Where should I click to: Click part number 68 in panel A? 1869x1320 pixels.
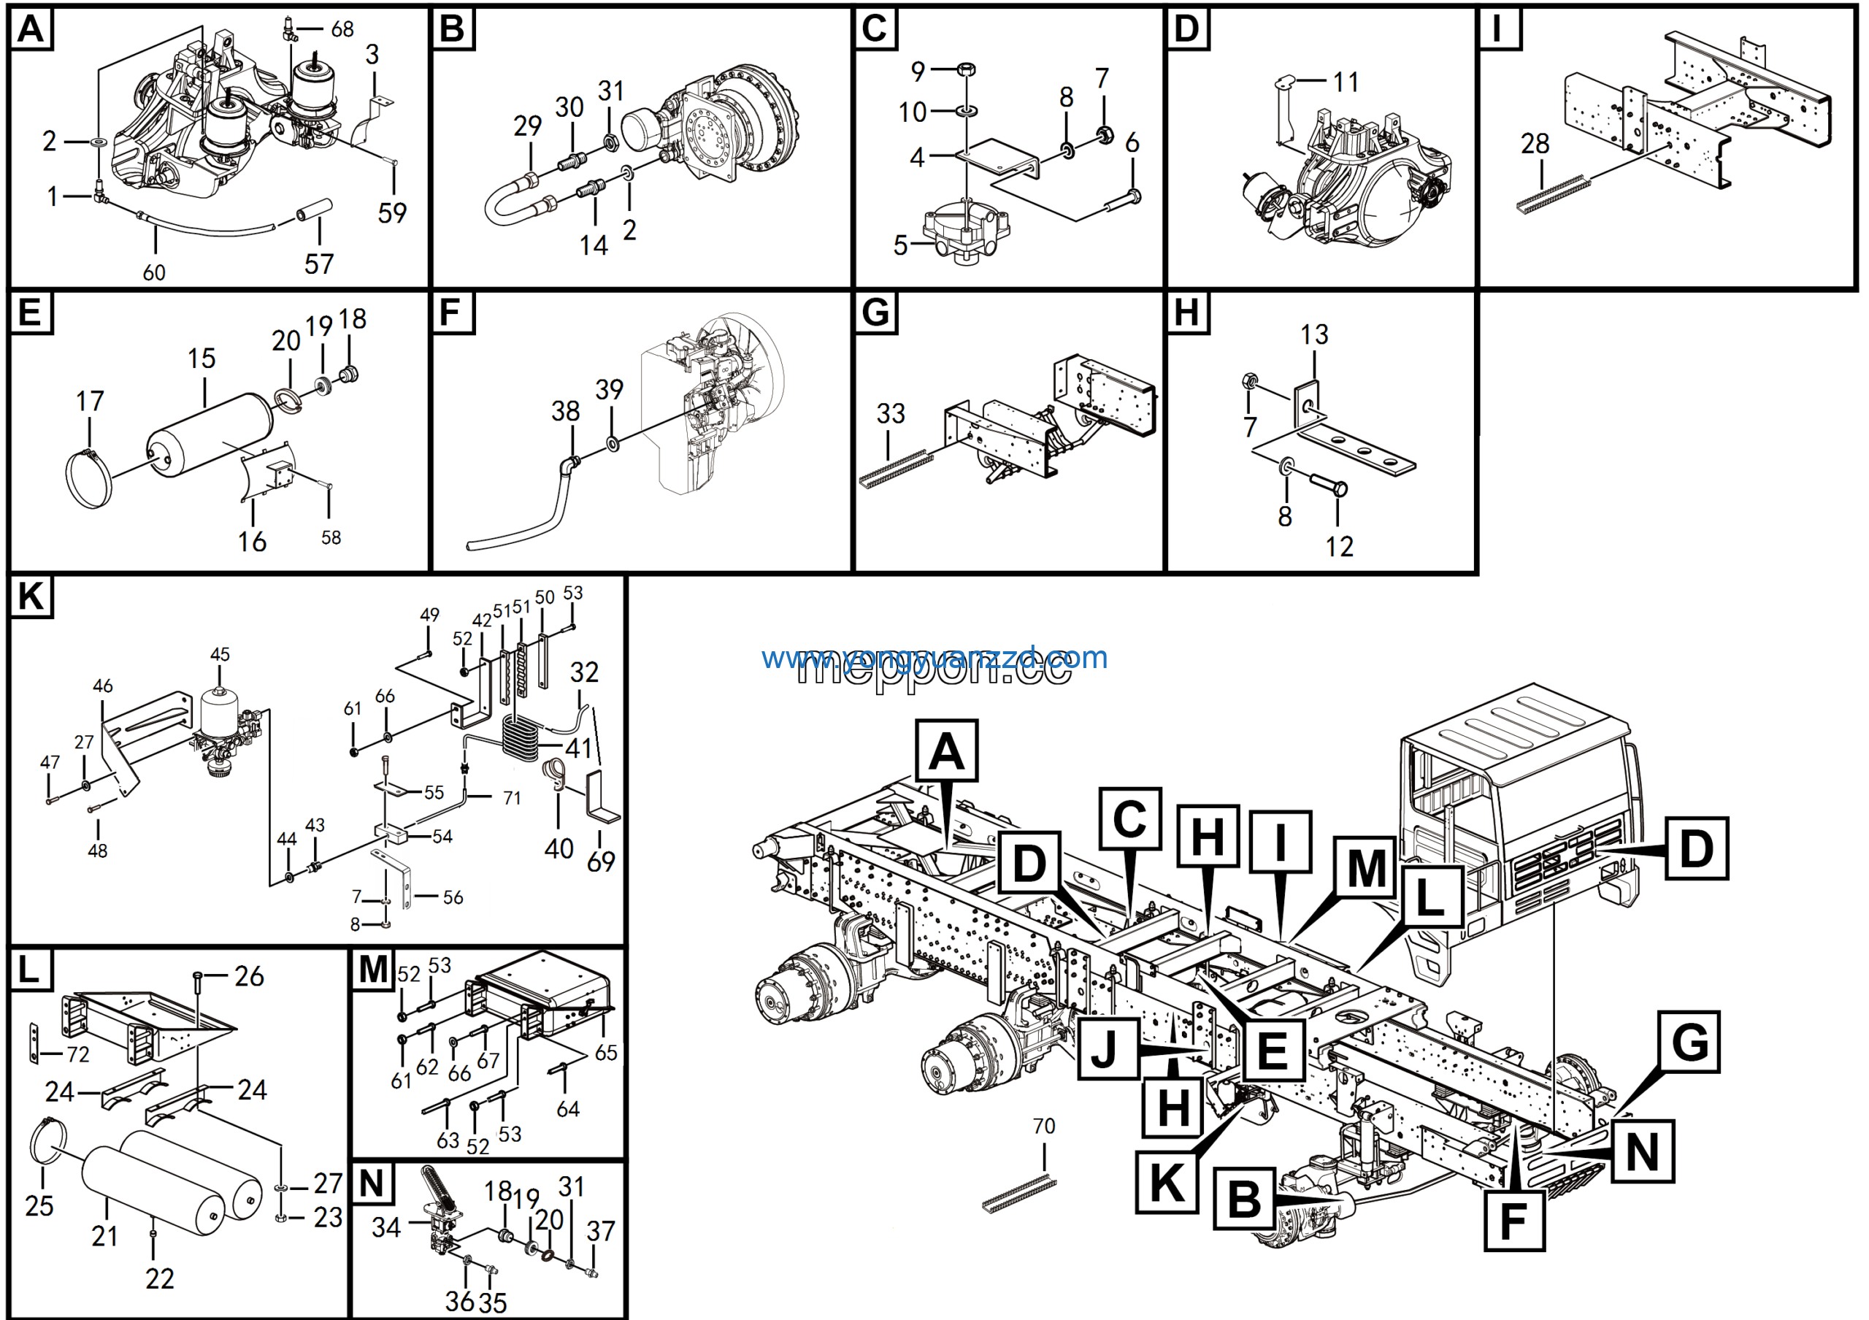click(342, 29)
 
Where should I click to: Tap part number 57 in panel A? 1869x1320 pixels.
click(318, 264)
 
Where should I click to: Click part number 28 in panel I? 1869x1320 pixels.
click(1535, 144)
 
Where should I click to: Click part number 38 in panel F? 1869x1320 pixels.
click(565, 411)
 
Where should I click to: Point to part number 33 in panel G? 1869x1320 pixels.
click(891, 413)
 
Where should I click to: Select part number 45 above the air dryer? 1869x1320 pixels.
click(220, 654)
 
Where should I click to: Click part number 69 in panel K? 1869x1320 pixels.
click(601, 862)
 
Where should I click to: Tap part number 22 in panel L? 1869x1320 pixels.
click(160, 1278)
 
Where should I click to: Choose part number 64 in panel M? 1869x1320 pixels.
click(567, 1108)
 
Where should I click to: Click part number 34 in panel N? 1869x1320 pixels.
click(386, 1227)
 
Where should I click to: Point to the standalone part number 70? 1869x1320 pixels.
click(1043, 1127)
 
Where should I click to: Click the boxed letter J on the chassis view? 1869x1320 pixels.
click(1107, 1049)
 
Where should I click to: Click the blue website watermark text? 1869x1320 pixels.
click(934, 657)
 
